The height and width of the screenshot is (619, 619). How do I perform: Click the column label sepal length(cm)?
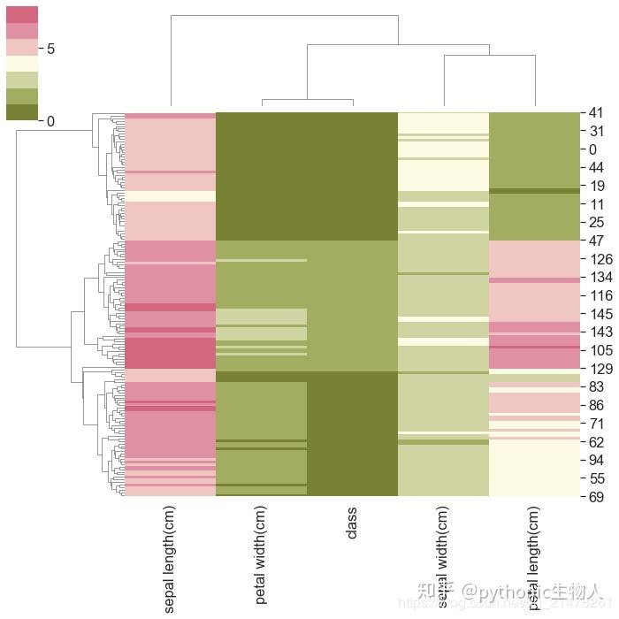coord(170,558)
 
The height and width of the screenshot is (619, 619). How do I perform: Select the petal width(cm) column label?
coord(261,554)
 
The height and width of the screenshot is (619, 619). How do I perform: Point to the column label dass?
coord(352,523)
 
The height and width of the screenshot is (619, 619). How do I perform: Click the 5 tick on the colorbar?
coord(50,49)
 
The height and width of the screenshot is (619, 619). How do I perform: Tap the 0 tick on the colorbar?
coord(50,121)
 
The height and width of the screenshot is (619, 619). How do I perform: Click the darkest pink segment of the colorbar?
coord(22,14)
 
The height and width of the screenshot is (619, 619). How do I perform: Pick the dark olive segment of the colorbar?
coord(22,112)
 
